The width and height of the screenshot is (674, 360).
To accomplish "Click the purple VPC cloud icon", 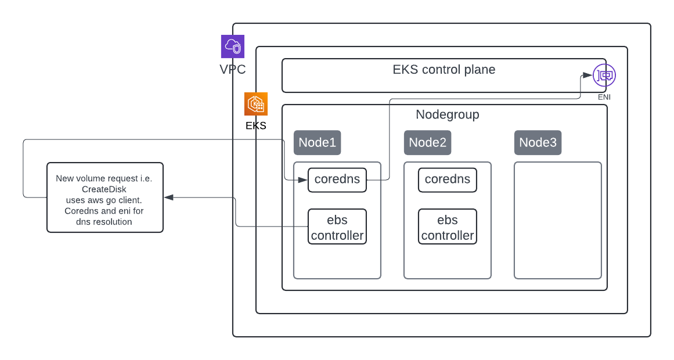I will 232,46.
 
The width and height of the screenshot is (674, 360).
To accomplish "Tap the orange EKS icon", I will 255,104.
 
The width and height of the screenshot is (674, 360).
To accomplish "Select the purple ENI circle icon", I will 604,75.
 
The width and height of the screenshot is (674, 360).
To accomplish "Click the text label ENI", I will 604,97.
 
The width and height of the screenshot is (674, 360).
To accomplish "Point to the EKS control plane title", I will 444,70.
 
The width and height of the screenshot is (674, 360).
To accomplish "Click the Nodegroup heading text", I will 447,114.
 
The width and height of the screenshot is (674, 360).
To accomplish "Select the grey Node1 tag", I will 317,142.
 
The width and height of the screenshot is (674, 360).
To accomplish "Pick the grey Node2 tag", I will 427,142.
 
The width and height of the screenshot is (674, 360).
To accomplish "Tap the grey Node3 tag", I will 538,142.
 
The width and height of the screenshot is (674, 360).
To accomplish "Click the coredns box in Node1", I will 337,179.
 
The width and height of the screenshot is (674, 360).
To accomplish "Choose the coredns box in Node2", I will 447,179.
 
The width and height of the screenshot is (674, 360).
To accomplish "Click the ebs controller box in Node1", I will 337,226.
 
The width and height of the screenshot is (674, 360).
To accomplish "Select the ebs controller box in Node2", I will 447,226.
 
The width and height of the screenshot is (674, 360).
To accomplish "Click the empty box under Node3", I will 557,220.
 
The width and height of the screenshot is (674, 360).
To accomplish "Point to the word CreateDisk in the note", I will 104,189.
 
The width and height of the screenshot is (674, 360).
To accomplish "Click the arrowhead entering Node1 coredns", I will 303,180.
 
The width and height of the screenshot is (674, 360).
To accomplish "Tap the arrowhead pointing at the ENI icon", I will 588,75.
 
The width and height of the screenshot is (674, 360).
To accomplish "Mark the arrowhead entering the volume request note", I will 168,197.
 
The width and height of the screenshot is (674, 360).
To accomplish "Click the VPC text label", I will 232,70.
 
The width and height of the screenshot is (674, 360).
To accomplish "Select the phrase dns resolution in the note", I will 104,222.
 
